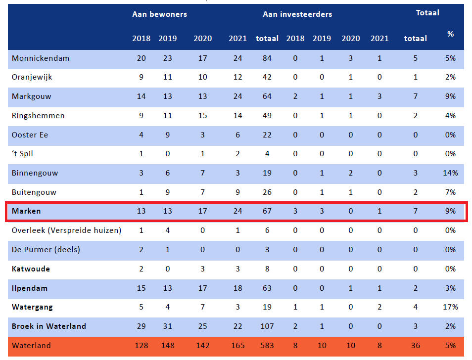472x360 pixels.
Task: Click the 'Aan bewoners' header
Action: point(159,14)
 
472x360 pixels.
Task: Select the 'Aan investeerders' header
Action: point(297,14)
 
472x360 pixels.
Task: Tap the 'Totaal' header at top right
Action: point(427,13)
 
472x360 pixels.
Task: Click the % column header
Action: point(450,34)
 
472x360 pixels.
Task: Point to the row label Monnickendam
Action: point(41,58)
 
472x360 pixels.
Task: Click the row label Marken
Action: point(27,211)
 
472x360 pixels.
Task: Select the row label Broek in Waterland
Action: point(49,326)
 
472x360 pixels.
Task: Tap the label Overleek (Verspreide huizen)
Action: point(66,230)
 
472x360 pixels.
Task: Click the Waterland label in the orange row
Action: point(31,346)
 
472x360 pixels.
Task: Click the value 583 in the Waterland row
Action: point(267,346)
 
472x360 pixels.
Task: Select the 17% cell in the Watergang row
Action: point(451,307)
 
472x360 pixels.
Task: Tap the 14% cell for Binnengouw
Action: point(451,173)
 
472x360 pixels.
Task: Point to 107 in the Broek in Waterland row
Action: point(267,326)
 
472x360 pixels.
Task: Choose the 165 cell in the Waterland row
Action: point(238,346)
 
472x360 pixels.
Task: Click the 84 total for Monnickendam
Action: point(267,58)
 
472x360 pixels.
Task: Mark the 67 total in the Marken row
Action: point(267,211)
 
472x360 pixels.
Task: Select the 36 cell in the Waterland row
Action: point(416,346)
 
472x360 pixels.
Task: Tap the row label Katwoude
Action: point(31,269)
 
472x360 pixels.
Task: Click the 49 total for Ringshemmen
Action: point(267,116)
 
